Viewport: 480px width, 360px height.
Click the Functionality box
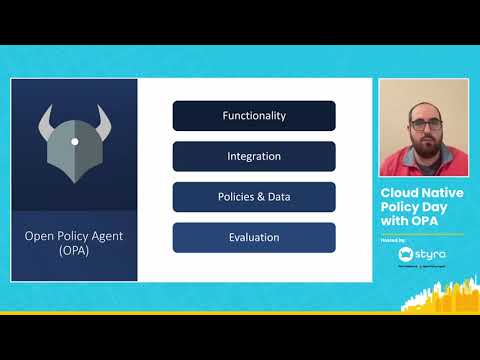point(254,116)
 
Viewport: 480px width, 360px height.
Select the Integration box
point(254,156)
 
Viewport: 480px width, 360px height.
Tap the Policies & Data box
point(254,197)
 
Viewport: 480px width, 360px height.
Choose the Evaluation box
point(254,237)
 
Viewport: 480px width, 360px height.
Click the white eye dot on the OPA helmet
point(74,141)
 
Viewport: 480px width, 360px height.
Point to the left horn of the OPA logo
point(47,123)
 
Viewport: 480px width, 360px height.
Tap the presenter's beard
point(422,138)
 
